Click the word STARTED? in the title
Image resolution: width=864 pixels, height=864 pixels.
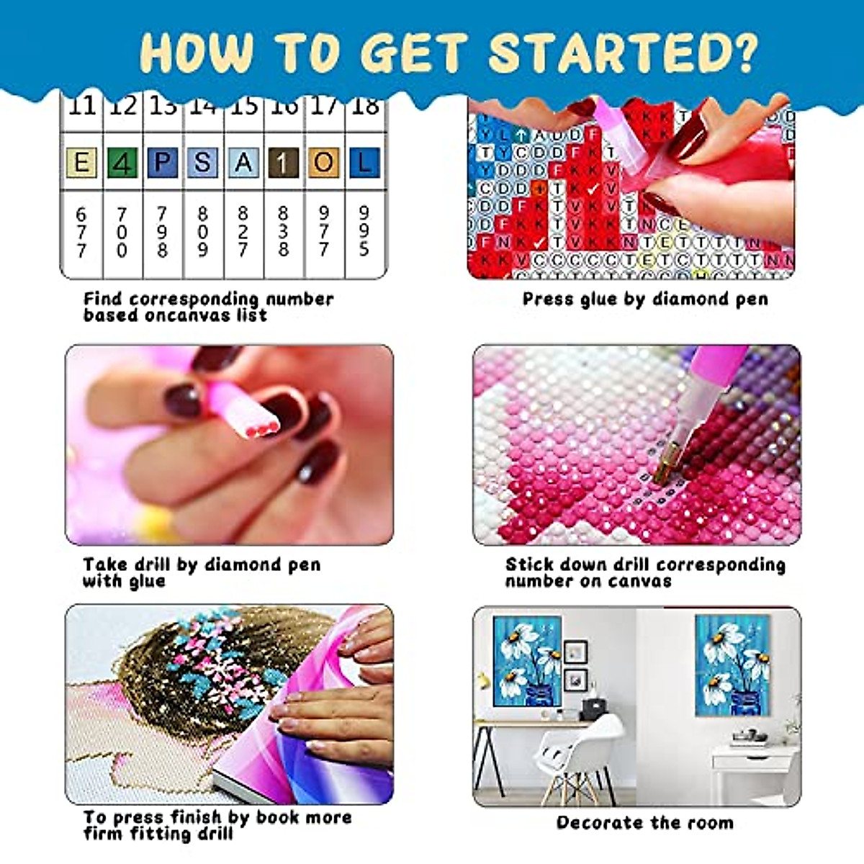pos(624,52)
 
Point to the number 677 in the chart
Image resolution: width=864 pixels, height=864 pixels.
pos(81,232)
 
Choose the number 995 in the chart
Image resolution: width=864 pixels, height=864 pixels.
pos(364,232)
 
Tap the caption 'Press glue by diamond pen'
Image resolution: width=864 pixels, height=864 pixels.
pos(645,299)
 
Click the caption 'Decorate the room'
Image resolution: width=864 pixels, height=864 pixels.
pos(645,822)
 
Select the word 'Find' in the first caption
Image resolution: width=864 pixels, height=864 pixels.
pos(104,299)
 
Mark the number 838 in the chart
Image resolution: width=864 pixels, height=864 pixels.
pos(283,232)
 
